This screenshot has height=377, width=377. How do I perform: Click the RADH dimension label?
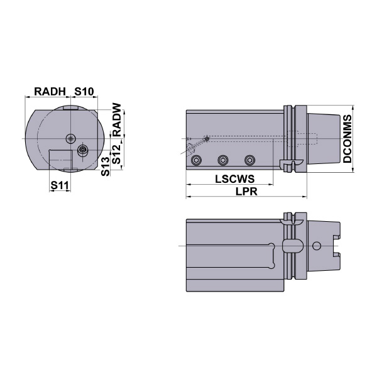pyautogui.click(x=50, y=91)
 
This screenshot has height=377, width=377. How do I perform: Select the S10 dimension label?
pyautogui.click(x=84, y=91)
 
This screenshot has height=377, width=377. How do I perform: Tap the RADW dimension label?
pyautogui.click(x=117, y=119)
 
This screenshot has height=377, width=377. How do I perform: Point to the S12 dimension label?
pyautogui.click(x=117, y=154)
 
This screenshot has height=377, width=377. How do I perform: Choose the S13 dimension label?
pyautogui.click(x=106, y=167)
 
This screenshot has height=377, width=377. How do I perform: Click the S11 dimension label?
pyautogui.click(x=60, y=185)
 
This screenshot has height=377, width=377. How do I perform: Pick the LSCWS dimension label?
pyautogui.click(x=234, y=179)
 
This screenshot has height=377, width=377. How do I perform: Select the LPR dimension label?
pyautogui.click(x=246, y=192)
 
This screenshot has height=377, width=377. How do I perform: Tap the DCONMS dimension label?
pyautogui.click(x=347, y=139)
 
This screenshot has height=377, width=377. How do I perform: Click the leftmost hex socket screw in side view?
pyautogui.click(x=196, y=160)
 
